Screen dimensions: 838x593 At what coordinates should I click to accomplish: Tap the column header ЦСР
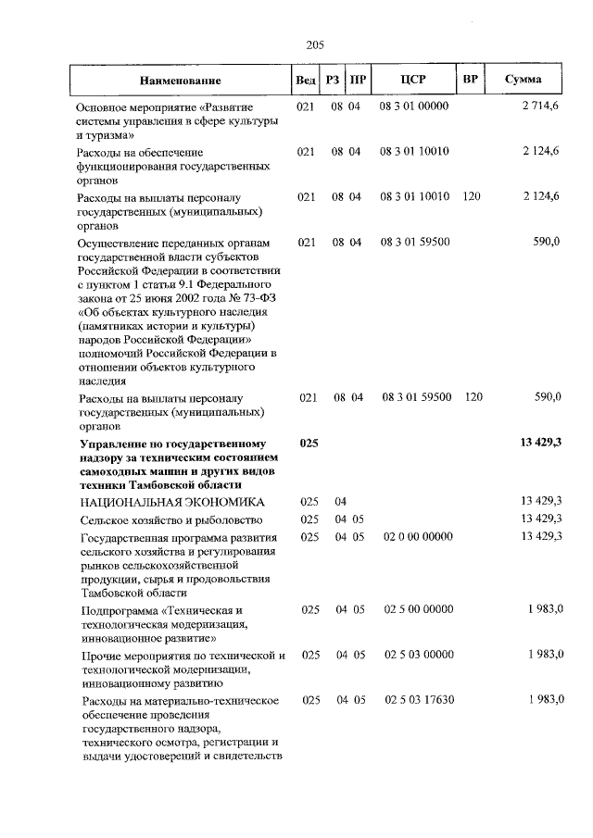413,80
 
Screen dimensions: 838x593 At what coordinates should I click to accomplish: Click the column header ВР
470,79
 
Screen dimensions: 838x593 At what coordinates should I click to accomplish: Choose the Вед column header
305,80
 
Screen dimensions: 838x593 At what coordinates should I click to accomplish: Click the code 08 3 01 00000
413,106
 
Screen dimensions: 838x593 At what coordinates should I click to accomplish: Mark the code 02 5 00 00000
418,609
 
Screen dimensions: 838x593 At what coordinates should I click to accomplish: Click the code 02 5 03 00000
419,655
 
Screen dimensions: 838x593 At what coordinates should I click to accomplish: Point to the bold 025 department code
309,444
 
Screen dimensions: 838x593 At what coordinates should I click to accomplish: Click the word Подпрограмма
119,610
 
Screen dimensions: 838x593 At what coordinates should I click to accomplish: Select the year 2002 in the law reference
197,300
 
